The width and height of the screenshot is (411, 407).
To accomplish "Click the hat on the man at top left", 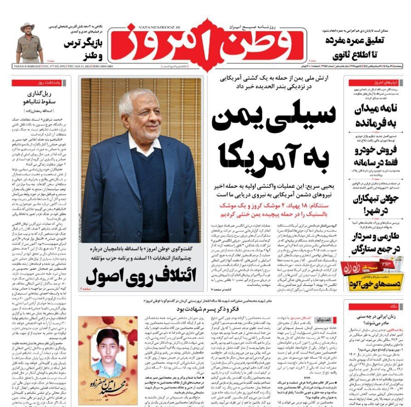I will pos(28,27).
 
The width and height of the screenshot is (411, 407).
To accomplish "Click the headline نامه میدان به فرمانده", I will pos(372,116).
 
